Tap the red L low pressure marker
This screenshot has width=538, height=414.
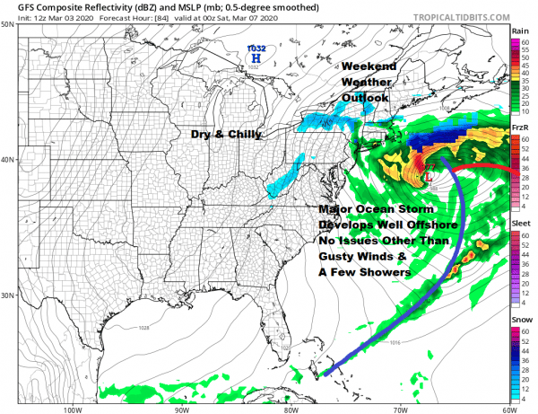(x=430, y=177)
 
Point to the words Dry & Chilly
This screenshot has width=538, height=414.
(x=226, y=134)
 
